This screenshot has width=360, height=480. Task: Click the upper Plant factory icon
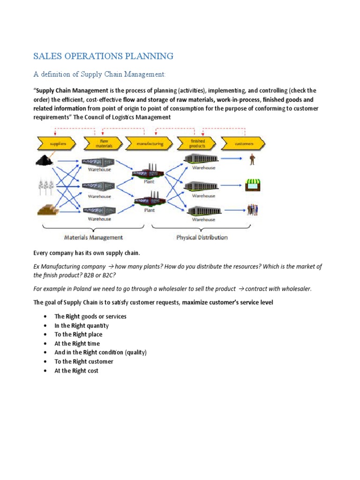click(149, 172)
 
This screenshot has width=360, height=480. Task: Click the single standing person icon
click(253, 159)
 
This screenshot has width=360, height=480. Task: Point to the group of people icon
click(253, 210)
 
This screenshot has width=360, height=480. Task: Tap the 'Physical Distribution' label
click(202, 237)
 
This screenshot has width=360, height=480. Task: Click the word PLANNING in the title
click(148, 56)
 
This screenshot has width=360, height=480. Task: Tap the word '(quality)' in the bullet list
click(135, 352)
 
